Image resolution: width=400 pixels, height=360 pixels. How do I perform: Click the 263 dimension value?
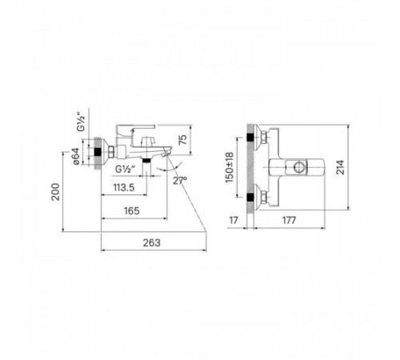[x=152, y=243]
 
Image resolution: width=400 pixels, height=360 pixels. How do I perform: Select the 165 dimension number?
[x=132, y=211]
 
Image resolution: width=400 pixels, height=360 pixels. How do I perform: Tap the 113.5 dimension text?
[x=124, y=188]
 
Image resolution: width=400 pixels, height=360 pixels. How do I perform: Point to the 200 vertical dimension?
[x=55, y=192]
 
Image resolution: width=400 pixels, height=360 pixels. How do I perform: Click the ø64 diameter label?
[x=76, y=156]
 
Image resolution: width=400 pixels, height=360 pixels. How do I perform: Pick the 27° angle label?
[x=180, y=181]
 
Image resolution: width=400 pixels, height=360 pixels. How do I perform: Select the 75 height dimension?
[x=182, y=140]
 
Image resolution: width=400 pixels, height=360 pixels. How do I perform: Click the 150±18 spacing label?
[x=230, y=167]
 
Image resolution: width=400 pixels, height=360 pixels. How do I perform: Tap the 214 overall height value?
[x=340, y=167]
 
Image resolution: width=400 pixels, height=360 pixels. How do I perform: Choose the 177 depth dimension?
[x=290, y=221]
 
